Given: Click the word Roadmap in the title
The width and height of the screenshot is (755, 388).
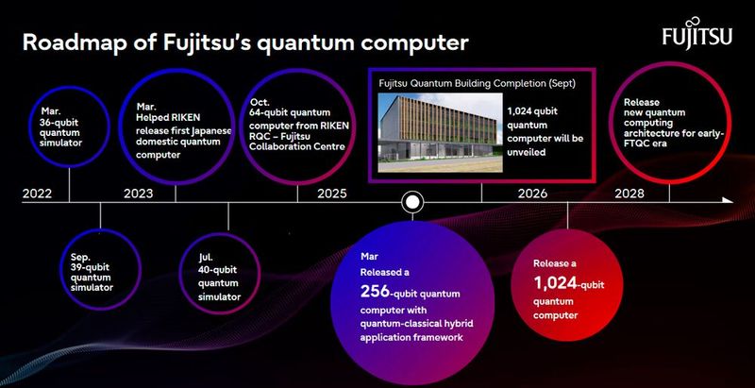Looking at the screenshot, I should point(70,42).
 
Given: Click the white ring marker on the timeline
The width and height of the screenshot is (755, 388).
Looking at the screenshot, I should point(411,201).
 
